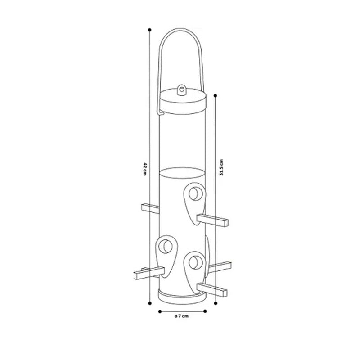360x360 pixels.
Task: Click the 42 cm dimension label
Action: pyautogui.click(x=145, y=169)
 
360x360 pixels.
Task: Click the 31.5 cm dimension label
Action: pyautogui.click(x=221, y=167)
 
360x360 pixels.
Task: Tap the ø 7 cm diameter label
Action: pyautogui.click(x=182, y=316)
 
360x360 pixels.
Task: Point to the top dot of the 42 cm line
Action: pyautogui.click(x=150, y=30)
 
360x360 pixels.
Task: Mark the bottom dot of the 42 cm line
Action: pyautogui.click(x=150, y=303)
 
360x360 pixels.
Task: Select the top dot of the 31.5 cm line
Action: pyautogui.click(x=216, y=95)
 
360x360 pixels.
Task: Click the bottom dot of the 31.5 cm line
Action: pyautogui.click(x=216, y=303)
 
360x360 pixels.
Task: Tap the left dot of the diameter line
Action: pyautogui.click(x=160, y=311)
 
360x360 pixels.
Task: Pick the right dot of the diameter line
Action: pyautogui.click(x=205, y=311)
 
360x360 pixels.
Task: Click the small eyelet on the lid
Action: pyautogui.click(x=182, y=90)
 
